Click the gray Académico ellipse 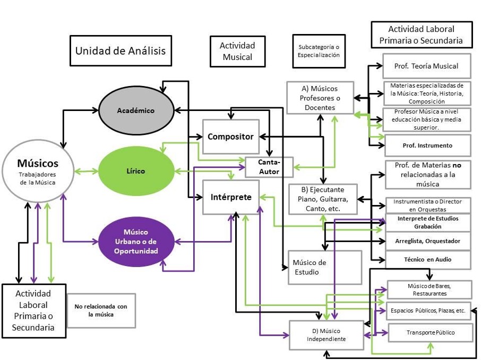136,110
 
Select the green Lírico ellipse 136,171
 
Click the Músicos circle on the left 38,171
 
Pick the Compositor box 230,137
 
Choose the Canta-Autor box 269,167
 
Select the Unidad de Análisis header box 121,51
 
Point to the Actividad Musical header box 237,52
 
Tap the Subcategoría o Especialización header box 319,51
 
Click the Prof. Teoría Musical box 426,66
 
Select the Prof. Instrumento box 427,145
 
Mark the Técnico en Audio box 427,260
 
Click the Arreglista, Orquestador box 427,241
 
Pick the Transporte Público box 430,332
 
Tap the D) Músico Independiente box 327,335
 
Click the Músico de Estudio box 324,267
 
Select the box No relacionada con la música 101,310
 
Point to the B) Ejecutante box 323,199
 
